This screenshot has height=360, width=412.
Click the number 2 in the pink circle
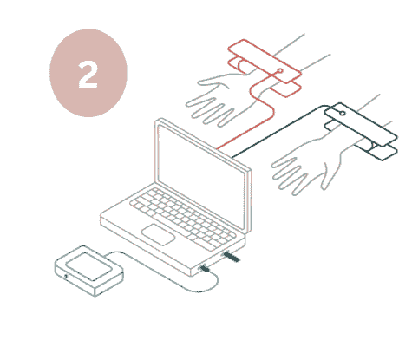pos(88,75)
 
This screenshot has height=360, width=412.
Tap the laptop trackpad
pos(158,234)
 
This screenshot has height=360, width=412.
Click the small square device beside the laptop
pos(89,271)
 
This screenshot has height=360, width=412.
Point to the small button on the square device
pos(66,276)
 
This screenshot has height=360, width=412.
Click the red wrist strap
pos(265,68)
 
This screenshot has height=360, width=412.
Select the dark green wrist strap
pos(362,131)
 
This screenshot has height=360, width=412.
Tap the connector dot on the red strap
pos(280,70)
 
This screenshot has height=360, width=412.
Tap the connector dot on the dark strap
pos(343,113)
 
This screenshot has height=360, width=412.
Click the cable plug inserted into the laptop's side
pos(205,269)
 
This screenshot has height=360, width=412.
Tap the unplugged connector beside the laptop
pos(232,257)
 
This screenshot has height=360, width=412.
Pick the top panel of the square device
pos(89,266)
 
